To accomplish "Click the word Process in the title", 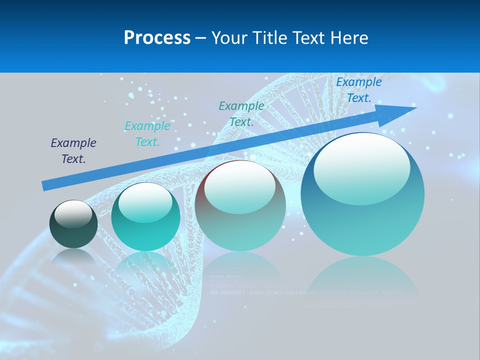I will tap(157, 38).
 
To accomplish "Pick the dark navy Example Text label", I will tap(73, 150).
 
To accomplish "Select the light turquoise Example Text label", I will tap(147, 133).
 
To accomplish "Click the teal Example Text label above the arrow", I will tap(241, 113).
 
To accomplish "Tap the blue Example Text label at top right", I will tap(358, 90).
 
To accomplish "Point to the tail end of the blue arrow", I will tap(46, 185).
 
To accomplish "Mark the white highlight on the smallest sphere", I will tap(73, 214).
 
